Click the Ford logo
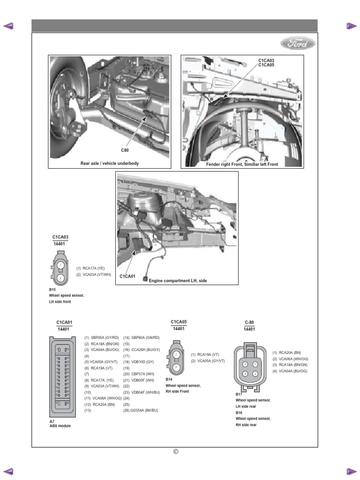(x=298, y=44)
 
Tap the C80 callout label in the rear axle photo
(x=125, y=150)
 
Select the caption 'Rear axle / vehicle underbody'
(x=110, y=163)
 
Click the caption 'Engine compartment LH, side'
(x=178, y=280)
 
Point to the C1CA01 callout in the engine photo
(x=127, y=276)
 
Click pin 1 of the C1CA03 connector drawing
(x=60, y=265)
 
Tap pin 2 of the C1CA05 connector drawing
(x=176, y=367)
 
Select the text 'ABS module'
(x=60, y=426)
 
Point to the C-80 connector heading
(x=249, y=322)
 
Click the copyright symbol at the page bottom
(x=176, y=451)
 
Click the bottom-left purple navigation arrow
(x=8, y=471)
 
